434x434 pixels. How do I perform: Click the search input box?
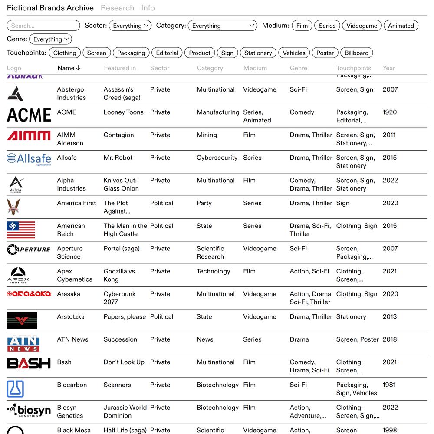click(43, 26)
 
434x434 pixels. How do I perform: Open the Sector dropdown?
click(130, 26)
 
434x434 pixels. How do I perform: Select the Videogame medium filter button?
click(362, 26)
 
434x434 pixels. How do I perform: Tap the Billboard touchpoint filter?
click(356, 53)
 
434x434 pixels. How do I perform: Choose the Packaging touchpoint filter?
click(131, 53)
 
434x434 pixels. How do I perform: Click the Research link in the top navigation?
click(117, 8)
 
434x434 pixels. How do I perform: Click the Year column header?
click(389, 68)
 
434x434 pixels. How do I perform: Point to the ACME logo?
click(29, 115)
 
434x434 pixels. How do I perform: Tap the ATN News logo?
click(23, 343)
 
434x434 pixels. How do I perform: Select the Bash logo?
click(29, 363)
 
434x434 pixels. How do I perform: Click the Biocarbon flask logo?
click(15, 389)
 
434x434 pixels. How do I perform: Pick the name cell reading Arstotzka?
click(71, 317)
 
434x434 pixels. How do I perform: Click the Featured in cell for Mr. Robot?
click(118, 158)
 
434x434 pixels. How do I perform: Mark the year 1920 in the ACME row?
click(389, 112)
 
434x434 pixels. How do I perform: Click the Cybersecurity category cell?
click(217, 158)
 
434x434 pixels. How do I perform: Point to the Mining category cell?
click(207, 135)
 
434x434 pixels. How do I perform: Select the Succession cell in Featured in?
click(120, 339)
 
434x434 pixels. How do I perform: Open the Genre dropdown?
click(50, 39)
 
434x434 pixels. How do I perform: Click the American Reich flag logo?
click(21, 230)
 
